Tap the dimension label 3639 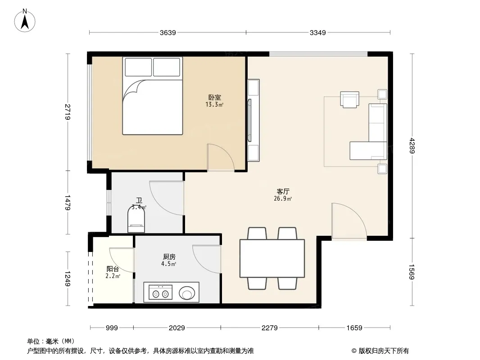tap(168, 33)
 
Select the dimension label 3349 tap(318, 33)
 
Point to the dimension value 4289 tap(412, 146)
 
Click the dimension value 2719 tap(68, 112)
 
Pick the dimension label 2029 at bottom tap(177, 328)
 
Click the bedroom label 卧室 tap(215, 98)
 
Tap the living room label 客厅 tap(283, 191)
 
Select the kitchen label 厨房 tap(169, 257)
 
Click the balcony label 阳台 tap(113, 269)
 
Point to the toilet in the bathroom tap(136, 220)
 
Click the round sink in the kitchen tap(186, 292)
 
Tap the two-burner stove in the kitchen tap(160, 292)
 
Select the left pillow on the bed tap(138, 67)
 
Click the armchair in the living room tap(349, 99)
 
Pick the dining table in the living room tap(272, 258)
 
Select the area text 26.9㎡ tap(283, 199)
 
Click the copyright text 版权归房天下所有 tap(384, 351)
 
